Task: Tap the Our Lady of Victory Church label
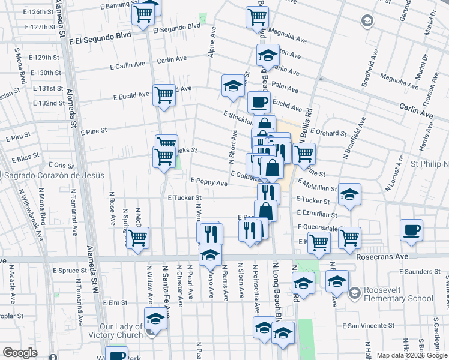[121, 331]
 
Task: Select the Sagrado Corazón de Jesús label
[54, 176]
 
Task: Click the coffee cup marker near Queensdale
[411, 230]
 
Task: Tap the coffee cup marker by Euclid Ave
[259, 101]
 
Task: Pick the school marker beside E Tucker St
[349, 194]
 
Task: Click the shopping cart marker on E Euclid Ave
[163, 94]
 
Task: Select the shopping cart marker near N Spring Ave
[138, 238]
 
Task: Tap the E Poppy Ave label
[209, 181]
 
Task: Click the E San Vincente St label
[368, 326]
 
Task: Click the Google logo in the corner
[20, 353]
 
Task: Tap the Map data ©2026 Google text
[411, 355]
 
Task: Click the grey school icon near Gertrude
[366, 22]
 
